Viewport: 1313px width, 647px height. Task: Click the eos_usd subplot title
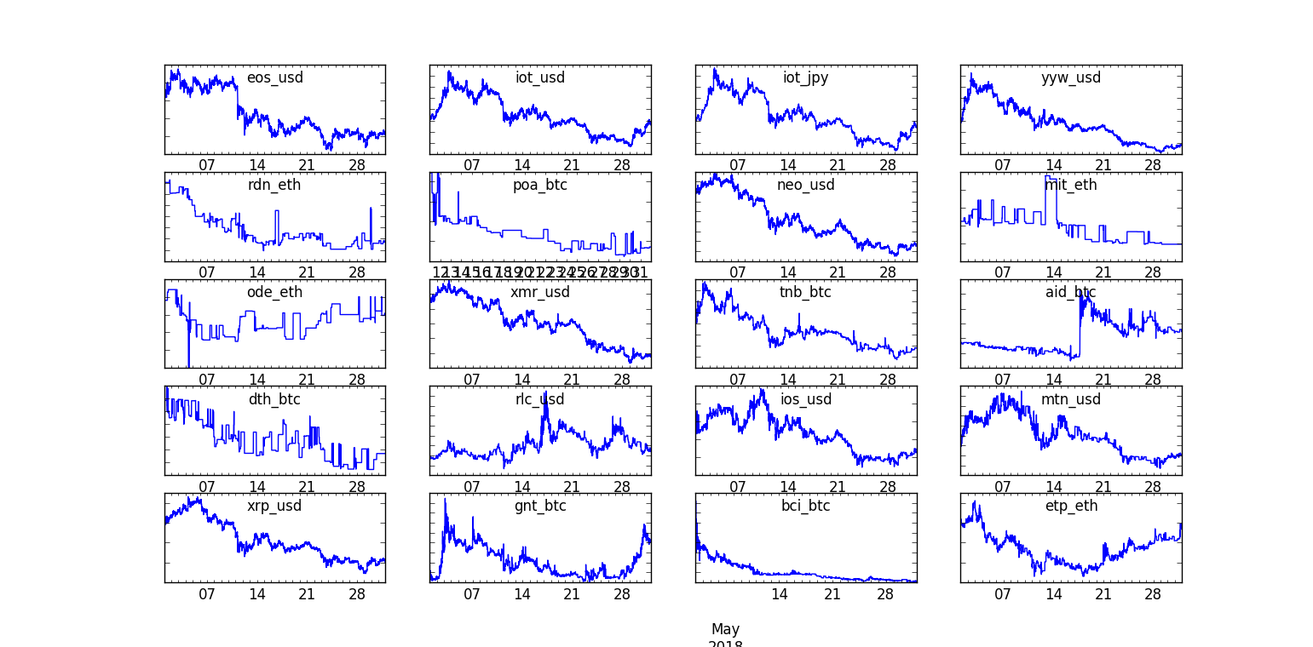coord(274,78)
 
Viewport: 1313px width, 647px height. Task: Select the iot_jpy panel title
coord(805,78)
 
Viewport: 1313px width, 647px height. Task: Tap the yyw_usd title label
coord(1070,78)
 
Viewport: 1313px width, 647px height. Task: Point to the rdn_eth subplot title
coord(274,185)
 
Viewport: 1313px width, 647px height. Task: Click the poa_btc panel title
coord(539,185)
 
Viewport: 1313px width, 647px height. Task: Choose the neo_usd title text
coord(805,185)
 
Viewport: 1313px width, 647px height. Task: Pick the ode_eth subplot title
coord(274,292)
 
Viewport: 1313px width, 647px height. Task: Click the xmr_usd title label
coord(539,292)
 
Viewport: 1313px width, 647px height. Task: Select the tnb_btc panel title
coord(805,292)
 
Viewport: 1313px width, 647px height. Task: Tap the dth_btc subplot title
coord(274,399)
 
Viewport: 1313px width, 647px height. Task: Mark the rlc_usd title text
coord(539,399)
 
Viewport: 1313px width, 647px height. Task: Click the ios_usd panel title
coord(805,399)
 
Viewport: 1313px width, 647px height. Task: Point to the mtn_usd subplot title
coord(1070,399)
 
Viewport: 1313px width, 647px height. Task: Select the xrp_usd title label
coord(274,506)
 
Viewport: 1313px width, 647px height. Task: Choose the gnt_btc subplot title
coord(539,506)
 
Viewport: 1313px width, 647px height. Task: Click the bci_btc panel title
coord(805,506)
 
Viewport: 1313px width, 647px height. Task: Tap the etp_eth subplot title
coord(1070,506)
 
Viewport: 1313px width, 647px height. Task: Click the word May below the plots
coord(725,629)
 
